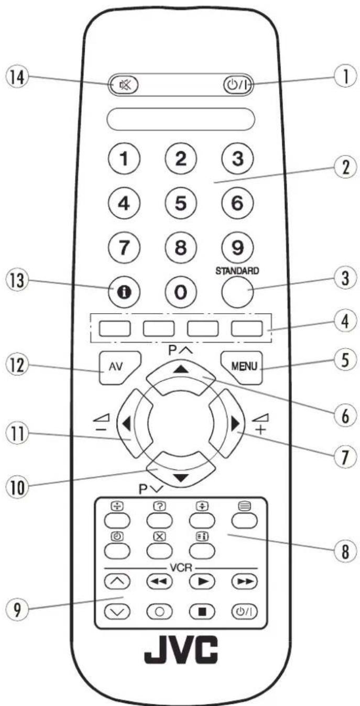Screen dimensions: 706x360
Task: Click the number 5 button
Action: pyautogui.click(x=180, y=202)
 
